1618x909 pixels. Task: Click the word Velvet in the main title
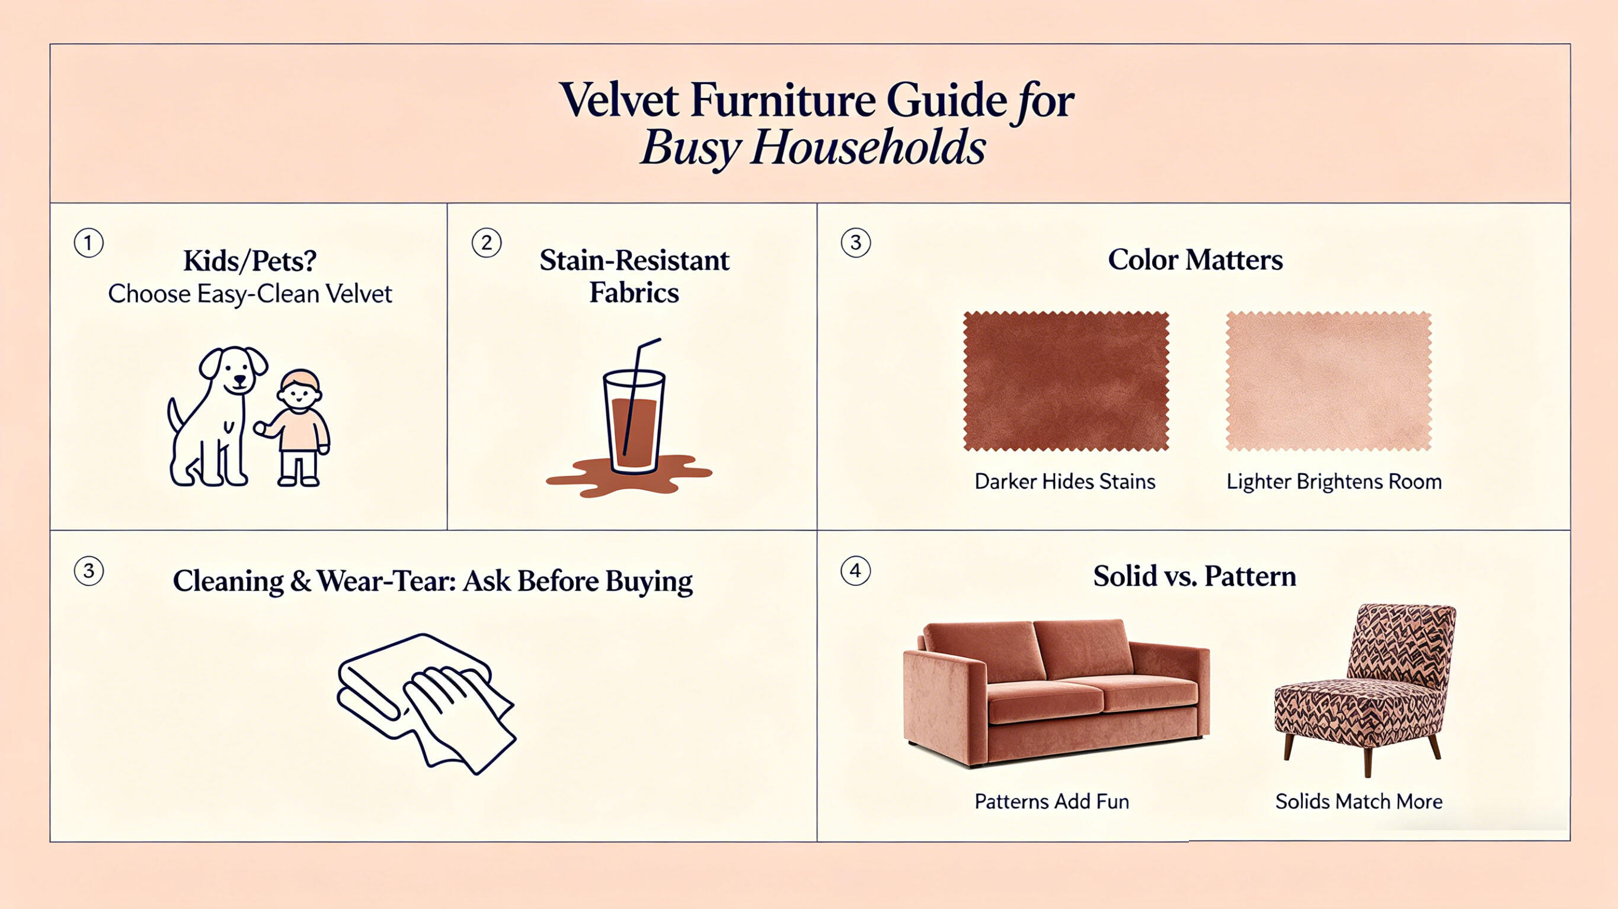[x=619, y=100]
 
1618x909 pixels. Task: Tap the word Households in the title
[x=868, y=148]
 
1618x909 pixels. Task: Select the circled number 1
[x=88, y=243]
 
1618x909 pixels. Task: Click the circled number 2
[x=486, y=243]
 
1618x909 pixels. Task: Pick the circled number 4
[x=855, y=571]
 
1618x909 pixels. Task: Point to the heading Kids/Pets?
[x=250, y=261]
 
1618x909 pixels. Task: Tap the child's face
[x=300, y=394]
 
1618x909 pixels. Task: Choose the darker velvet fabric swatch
[x=1066, y=381]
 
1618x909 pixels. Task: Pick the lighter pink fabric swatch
[x=1328, y=381]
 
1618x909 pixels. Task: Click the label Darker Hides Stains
[x=1064, y=481]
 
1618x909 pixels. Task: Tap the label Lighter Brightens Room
[x=1334, y=481]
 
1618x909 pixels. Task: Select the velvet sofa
[x=1057, y=693]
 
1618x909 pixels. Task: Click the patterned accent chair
[x=1366, y=688]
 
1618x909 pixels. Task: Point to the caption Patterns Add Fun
[x=1051, y=802]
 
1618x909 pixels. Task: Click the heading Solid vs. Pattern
[x=1194, y=576]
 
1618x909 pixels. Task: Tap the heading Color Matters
[x=1195, y=260]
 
